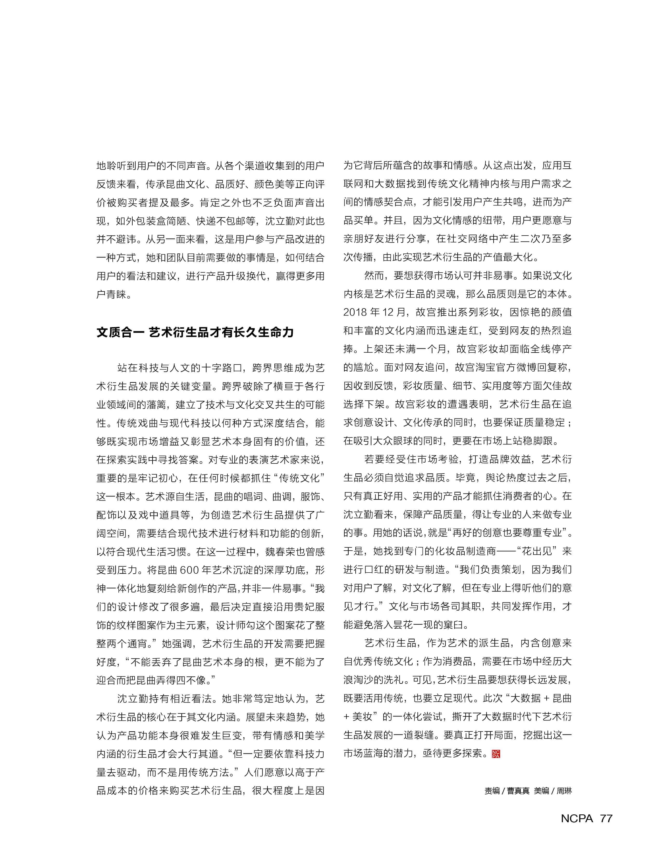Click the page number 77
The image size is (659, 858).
(606, 818)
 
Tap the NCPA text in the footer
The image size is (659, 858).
(577, 818)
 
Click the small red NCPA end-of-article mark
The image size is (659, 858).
(496, 754)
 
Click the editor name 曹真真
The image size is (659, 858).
(518, 791)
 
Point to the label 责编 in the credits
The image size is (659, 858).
(492, 791)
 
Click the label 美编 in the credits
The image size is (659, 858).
(541, 791)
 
